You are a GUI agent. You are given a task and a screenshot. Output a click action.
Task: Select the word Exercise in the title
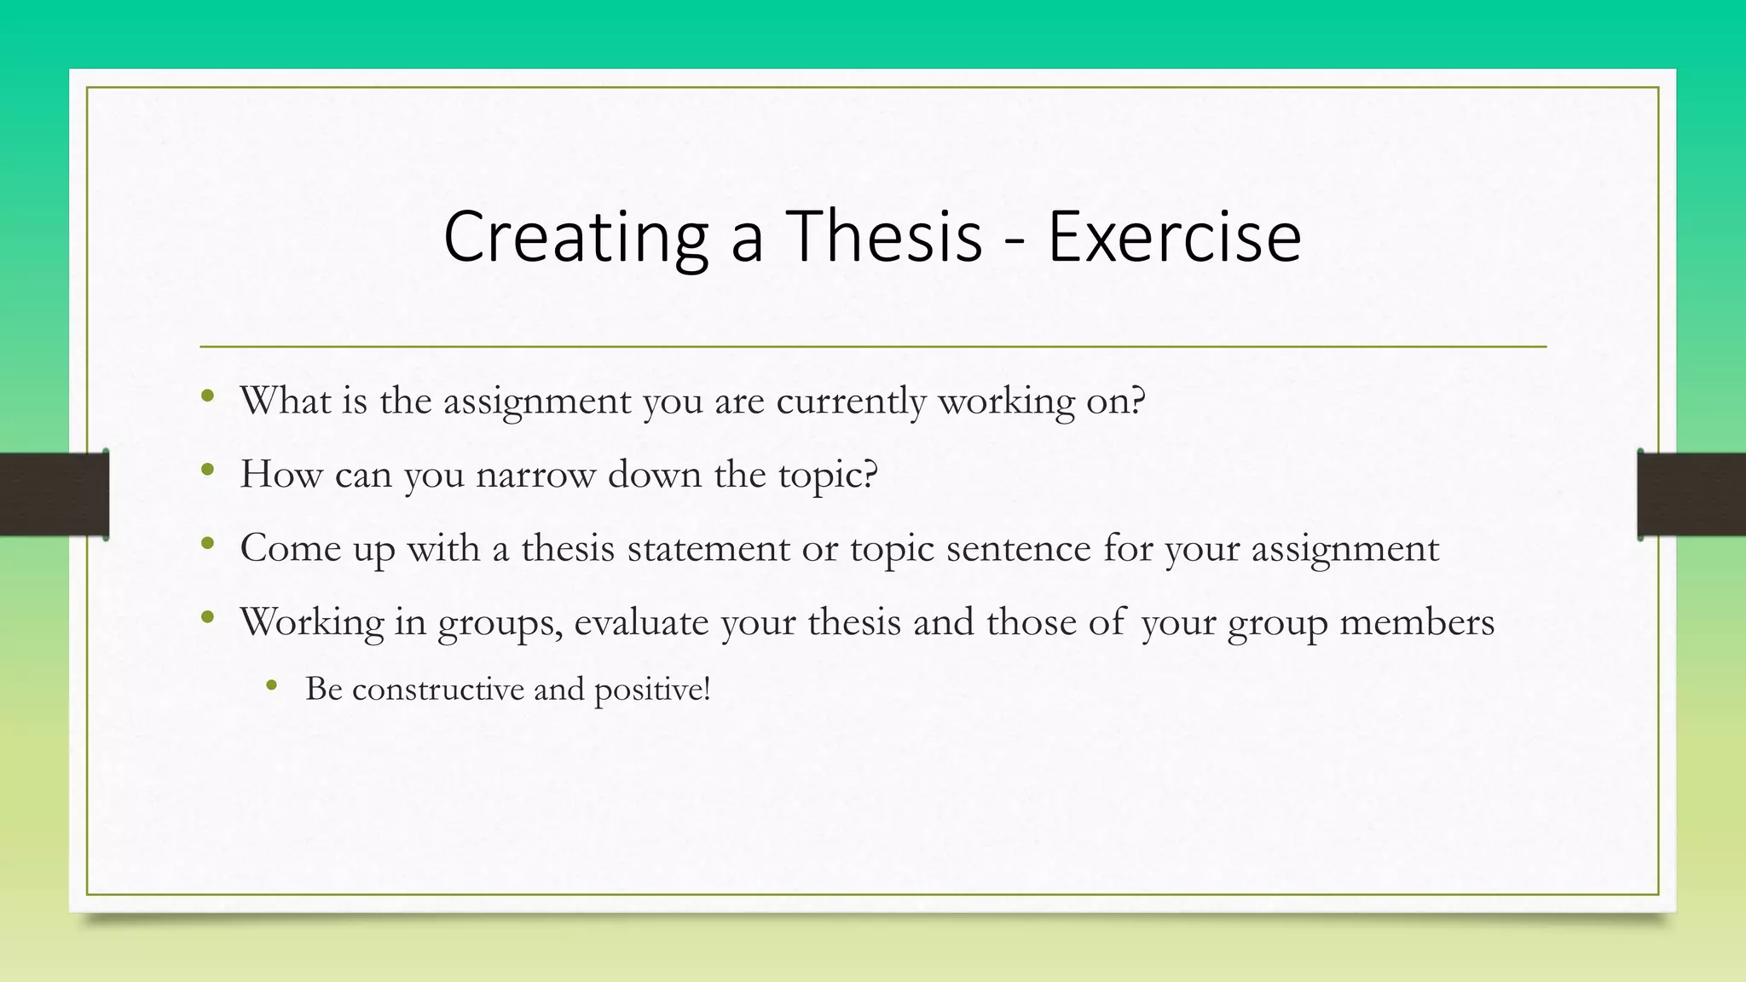[x=1174, y=236]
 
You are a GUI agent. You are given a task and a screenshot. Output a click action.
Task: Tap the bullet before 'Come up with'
[x=207, y=543]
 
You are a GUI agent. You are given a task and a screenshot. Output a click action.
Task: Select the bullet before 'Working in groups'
[x=207, y=616]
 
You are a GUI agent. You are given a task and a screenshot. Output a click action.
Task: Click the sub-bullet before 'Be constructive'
[x=272, y=685]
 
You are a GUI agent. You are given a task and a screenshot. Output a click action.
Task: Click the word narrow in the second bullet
[x=535, y=474]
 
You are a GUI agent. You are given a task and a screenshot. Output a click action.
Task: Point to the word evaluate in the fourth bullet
[x=641, y=621]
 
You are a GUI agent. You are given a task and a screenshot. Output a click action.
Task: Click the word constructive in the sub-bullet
[x=437, y=689]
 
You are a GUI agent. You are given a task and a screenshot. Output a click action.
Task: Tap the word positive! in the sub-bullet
[x=652, y=690]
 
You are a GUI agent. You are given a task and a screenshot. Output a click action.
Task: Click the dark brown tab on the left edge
[x=54, y=494]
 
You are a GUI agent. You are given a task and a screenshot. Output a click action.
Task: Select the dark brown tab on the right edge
[x=1691, y=494]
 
